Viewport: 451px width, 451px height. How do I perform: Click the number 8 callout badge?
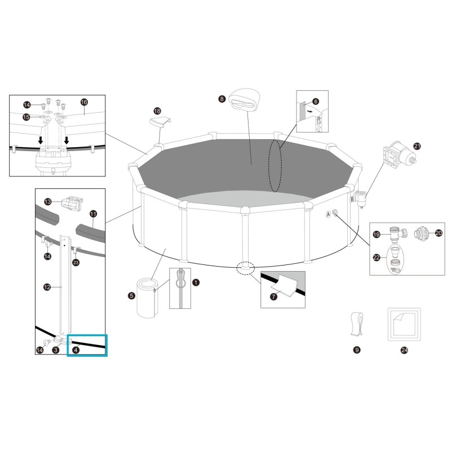[x=222, y=99]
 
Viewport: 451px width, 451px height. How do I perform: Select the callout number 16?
[x=84, y=102]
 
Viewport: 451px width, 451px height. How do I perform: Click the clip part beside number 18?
[x=159, y=121]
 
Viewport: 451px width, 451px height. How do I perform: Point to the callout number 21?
[x=417, y=146]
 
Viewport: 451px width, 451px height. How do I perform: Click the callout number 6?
[x=315, y=101]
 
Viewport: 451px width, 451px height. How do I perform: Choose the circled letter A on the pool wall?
[x=328, y=214]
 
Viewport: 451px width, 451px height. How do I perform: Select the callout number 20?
[x=439, y=232]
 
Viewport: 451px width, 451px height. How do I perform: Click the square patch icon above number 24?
[x=404, y=324]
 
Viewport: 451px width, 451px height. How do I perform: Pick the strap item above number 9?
[x=356, y=323]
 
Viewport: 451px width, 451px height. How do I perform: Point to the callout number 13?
[x=48, y=201]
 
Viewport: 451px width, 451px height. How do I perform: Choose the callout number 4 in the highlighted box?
[x=76, y=350]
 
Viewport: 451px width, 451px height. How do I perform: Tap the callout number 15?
[x=26, y=117]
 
